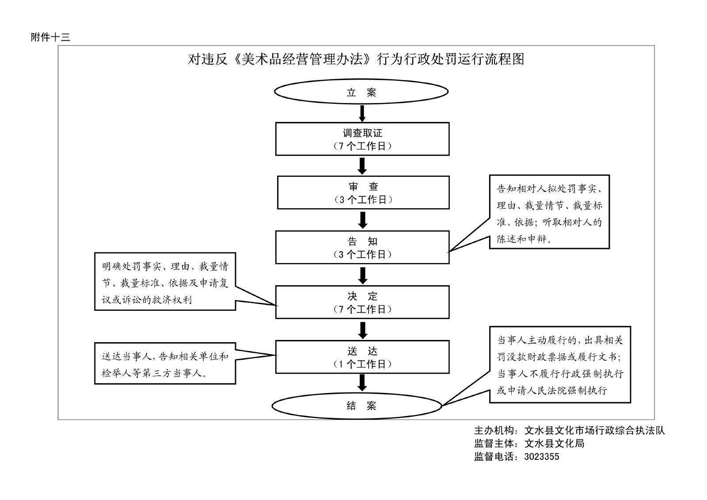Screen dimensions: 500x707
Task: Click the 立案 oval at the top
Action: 361,92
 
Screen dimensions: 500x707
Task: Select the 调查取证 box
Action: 362,139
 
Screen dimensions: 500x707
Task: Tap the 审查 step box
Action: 363,193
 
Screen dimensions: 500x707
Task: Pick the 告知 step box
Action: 362,247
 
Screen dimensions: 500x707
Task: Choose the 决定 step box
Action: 362,302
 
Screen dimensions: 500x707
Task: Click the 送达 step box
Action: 362,357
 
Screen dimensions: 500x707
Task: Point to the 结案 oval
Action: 357,405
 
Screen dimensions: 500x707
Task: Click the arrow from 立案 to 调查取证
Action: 362,113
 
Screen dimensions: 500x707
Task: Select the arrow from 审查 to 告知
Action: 363,220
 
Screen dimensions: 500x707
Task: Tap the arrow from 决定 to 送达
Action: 363,330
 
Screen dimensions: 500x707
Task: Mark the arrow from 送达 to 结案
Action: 362,382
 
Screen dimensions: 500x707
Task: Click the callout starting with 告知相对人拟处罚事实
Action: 549,212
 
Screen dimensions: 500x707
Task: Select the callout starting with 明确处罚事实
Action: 165,281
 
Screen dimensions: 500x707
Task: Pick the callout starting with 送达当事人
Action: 165,363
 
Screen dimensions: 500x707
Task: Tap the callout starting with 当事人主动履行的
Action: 560,365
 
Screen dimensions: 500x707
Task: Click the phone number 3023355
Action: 541,457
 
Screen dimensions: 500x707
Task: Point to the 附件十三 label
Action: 50,37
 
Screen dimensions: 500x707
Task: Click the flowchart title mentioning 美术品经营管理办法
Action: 356,59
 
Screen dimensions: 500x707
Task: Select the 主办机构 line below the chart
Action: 569,430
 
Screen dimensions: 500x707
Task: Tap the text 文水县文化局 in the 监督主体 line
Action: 554,443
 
